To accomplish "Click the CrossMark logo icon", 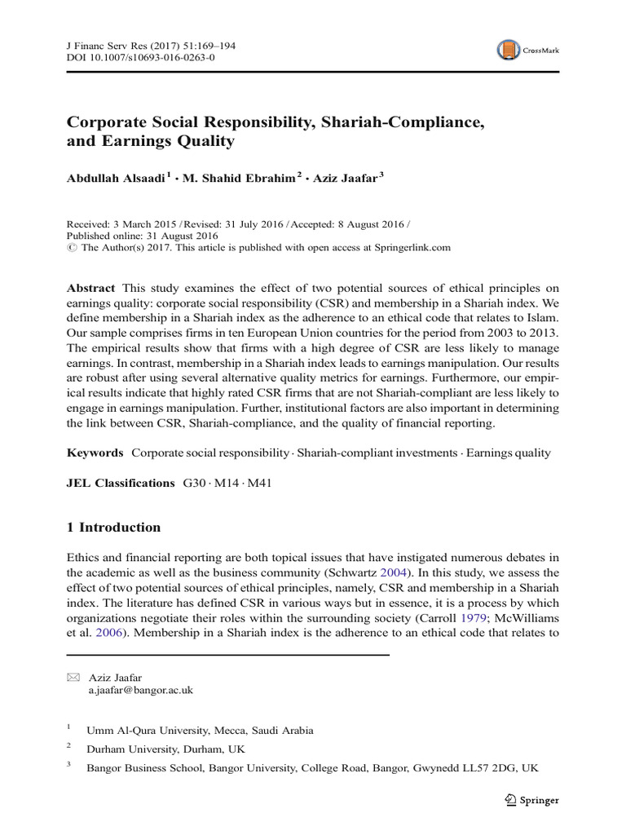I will (509, 51).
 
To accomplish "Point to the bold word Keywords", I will (95, 453).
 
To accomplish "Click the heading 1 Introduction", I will (113, 528).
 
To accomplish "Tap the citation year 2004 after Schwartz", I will (410, 573).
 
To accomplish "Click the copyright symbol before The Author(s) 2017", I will (71, 247).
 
